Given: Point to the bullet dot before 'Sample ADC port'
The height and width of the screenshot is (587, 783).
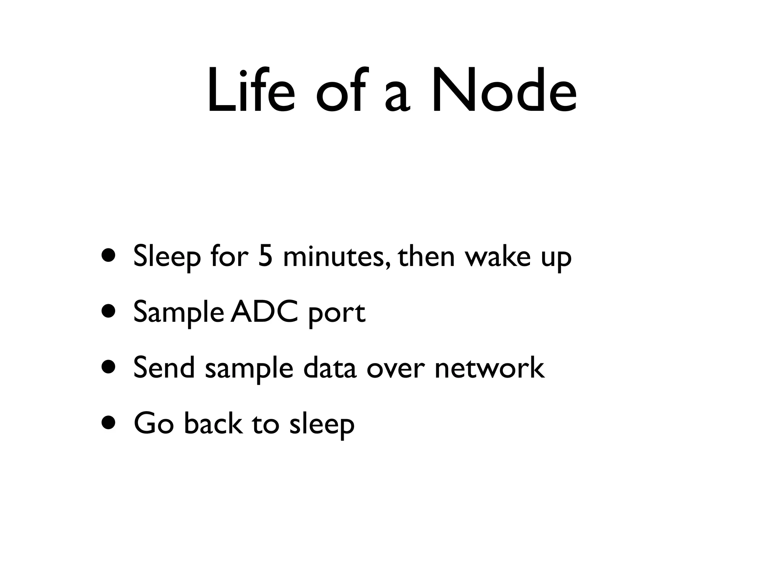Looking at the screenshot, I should click(109, 312).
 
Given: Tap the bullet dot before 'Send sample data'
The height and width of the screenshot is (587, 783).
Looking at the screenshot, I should click(109, 367).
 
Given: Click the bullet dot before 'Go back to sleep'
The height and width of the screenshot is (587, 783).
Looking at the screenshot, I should click(109, 423).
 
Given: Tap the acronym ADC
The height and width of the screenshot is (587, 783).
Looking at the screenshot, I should click(264, 312).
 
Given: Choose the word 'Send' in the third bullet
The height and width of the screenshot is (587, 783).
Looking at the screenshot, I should click(164, 367).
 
